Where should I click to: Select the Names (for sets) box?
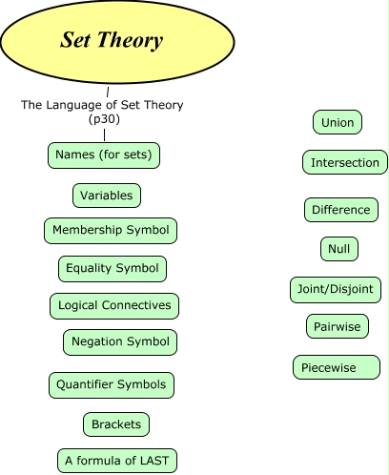[104, 154]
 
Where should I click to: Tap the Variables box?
[107, 196]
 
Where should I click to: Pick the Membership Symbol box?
[111, 231]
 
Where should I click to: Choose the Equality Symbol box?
[113, 268]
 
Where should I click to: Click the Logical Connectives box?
[114, 305]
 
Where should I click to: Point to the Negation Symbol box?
[121, 341]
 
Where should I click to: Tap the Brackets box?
[116, 423]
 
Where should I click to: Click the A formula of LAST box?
[116, 461]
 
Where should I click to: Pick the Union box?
[338, 122]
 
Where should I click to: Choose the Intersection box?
[345, 162]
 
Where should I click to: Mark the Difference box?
[340, 210]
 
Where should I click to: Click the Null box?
[338, 249]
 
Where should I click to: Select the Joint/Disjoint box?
[336, 288]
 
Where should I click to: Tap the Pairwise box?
[337, 326]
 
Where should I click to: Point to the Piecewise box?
[336, 367]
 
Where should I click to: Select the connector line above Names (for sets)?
[104, 134]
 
